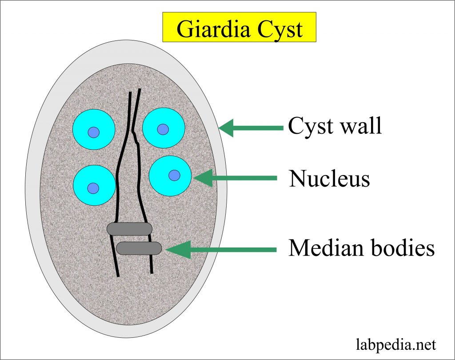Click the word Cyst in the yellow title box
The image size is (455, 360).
coord(279,29)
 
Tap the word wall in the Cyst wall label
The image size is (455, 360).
coord(360,126)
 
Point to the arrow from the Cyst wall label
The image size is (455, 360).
coord(251,128)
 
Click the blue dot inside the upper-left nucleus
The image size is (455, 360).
coord(93,132)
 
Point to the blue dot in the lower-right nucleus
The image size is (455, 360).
coord(175,175)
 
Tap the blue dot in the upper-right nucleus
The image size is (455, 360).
coord(163,129)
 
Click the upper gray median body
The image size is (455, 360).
coord(129,228)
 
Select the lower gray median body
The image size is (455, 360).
coord(139,248)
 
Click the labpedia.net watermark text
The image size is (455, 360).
coord(396,344)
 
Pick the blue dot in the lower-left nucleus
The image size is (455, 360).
coord(93,187)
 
